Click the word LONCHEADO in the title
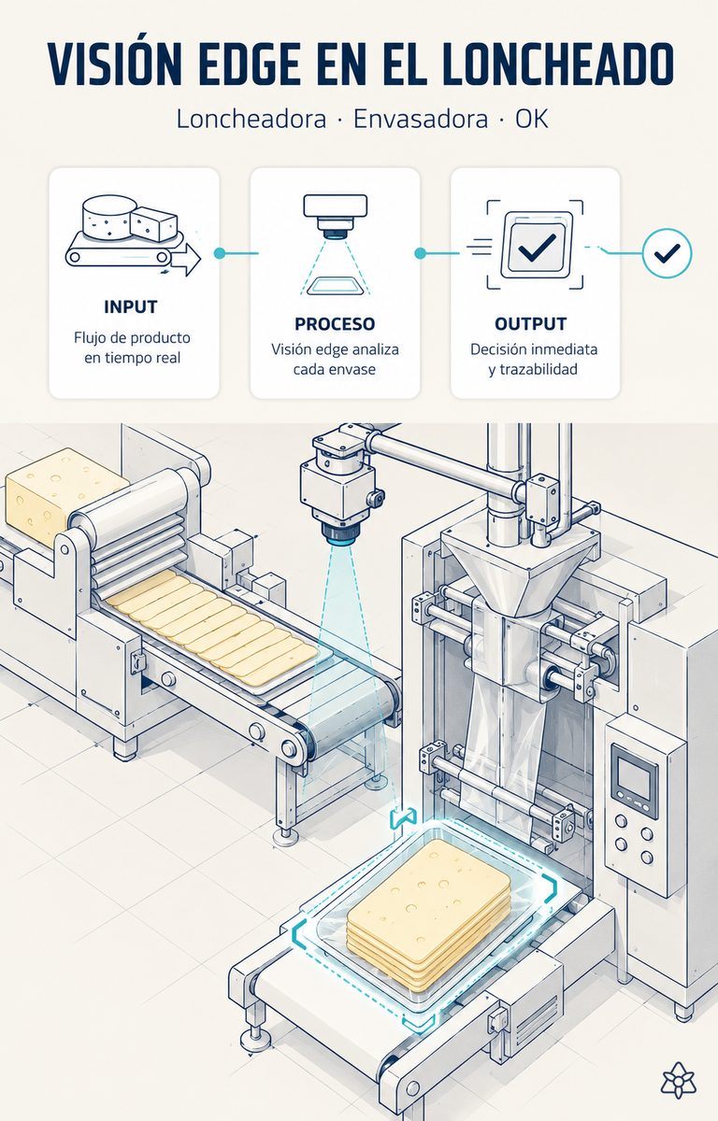point(558,64)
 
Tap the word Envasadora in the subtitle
point(421,120)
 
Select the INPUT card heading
point(131,306)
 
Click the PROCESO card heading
point(335,324)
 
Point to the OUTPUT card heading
point(530,324)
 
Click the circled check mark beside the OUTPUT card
point(667,253)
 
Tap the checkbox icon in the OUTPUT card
point(537,245)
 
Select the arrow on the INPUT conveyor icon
point(185,260)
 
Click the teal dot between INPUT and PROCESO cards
point(220,253)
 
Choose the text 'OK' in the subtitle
point(531,120)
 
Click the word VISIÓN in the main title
point(115,64)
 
